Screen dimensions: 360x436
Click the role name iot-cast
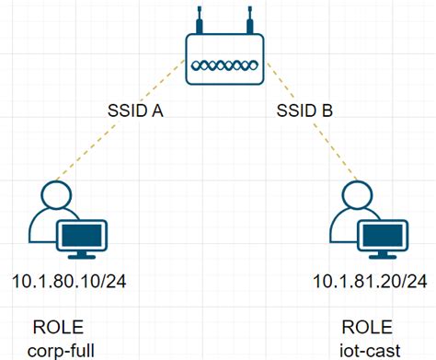click(366, 350)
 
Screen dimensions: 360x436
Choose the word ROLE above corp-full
click(57, 328)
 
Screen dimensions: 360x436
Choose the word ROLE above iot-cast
click(366, 328)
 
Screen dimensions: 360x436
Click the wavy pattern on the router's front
click(224, 66)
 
